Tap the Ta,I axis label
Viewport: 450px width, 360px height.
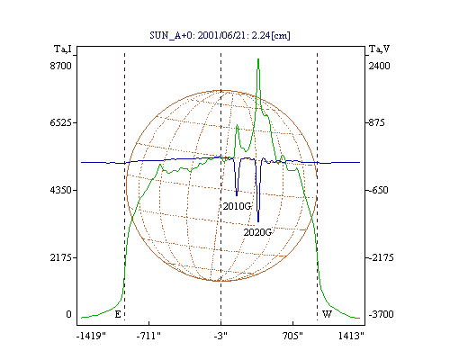tap(63, 49)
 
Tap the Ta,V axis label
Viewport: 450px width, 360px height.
tap(379, 49)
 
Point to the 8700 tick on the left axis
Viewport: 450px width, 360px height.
tap(61, 66)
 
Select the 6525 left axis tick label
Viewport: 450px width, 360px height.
tap(61, 122)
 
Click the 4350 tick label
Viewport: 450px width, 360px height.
tap(61, 190)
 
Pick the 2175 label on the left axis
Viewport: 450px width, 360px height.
tap(61, 257)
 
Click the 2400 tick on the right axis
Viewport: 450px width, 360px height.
tap(379, 66)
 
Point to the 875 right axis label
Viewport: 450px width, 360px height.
tap(376, 122)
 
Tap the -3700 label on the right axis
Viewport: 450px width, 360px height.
tap(381, 314)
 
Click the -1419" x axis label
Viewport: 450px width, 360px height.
tap(92, 336)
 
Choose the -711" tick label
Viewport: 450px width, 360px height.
tap(148, 336)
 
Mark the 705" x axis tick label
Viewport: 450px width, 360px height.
tap(292, 336)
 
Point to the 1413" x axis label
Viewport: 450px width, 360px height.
tap(351, 336)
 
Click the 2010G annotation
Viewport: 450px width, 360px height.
tap(237, 206)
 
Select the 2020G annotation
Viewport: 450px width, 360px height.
tap(257, 232)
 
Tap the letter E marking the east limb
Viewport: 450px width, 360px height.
tap(118, 314)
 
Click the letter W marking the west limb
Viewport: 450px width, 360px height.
tap(327, 314)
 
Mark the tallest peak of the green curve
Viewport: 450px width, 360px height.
tap(258, 59)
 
